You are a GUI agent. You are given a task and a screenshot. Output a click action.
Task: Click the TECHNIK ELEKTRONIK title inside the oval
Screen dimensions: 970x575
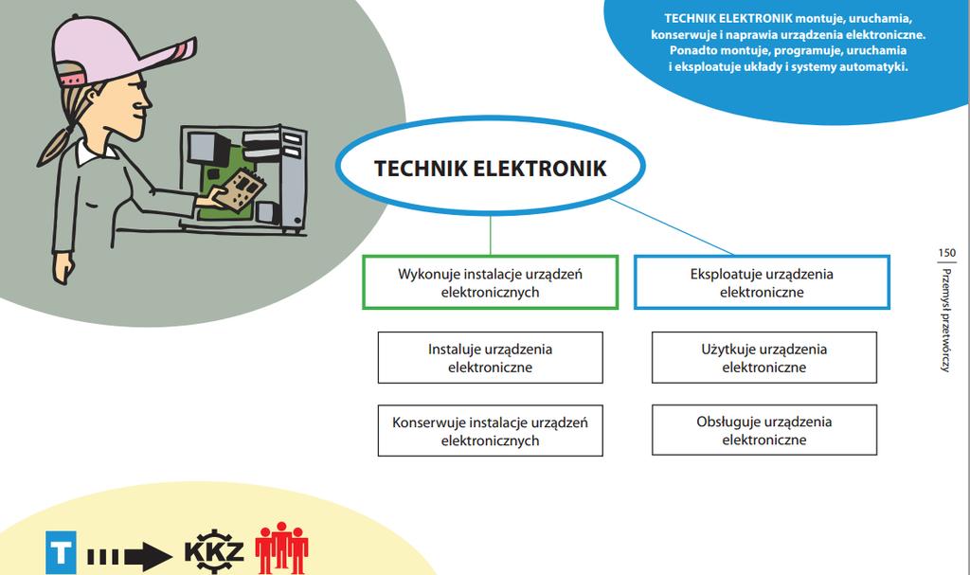click(491, 169)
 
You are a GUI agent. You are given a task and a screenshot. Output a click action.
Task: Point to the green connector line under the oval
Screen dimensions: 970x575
click(491, 235)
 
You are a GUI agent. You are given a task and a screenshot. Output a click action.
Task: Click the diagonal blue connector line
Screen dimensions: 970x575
click(672, 226)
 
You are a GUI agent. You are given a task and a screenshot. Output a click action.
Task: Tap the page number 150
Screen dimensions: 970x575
click(946, 253)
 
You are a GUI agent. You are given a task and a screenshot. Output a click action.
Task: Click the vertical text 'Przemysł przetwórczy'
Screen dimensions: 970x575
click(945, 320)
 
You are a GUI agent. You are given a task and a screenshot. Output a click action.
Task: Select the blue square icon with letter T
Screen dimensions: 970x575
click(61, 552)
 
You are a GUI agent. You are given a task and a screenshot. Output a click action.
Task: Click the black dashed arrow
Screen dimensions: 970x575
click(129, 556)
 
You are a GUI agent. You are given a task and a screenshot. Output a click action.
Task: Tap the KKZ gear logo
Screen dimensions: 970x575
click(214, 551)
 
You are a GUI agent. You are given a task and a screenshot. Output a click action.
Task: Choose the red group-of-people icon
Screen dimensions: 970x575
click(281, 548)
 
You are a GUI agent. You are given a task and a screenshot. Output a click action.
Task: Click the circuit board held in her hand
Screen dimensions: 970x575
click(241, 189)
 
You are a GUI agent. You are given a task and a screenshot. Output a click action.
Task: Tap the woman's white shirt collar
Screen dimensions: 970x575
click(93, 151)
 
